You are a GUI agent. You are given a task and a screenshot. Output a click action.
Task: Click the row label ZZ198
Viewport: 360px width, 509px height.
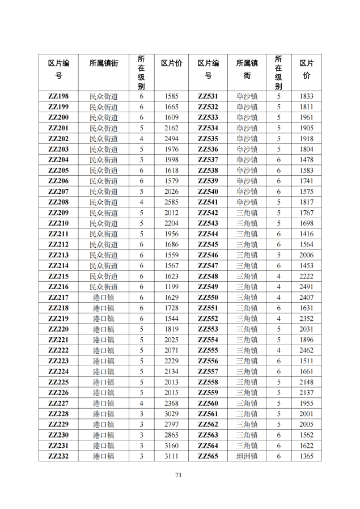(58, 96)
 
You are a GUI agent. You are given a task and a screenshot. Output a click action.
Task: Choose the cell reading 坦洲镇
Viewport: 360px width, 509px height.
(247, 456)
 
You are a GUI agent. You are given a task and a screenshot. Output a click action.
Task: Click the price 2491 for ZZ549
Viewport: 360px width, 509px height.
(306, 287)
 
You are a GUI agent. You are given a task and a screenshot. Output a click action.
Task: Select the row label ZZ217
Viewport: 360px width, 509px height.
(58, 298)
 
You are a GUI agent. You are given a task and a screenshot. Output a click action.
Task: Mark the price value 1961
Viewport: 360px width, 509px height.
(306, 117)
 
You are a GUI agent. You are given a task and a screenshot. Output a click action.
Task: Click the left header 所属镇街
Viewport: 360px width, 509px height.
(104, 64)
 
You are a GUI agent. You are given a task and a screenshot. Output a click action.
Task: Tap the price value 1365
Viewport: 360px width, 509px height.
(306, 456)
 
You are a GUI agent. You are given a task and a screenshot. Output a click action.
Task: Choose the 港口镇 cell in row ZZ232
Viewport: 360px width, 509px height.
(104, 456)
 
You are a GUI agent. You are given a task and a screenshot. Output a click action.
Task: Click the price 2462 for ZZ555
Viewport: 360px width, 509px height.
(306, 350)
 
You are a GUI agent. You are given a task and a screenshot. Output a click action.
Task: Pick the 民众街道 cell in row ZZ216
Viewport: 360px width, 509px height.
(104, 287)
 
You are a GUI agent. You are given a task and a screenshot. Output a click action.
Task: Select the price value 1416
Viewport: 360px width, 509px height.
(306, 234)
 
